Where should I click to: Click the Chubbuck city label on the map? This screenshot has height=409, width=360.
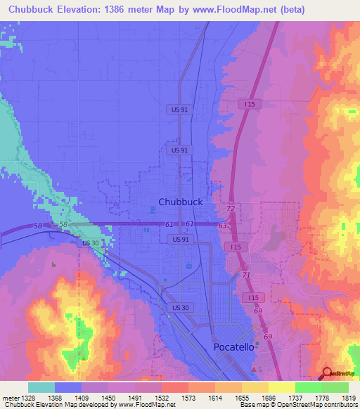[181, 202]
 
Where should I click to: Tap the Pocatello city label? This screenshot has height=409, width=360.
[237, 348]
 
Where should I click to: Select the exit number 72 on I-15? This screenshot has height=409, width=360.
[230, 209]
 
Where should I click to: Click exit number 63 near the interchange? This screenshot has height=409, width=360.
[222, 226]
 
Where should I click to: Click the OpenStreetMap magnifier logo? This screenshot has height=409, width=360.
[328, 373]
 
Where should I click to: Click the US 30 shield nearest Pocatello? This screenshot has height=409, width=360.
[179, 308]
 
